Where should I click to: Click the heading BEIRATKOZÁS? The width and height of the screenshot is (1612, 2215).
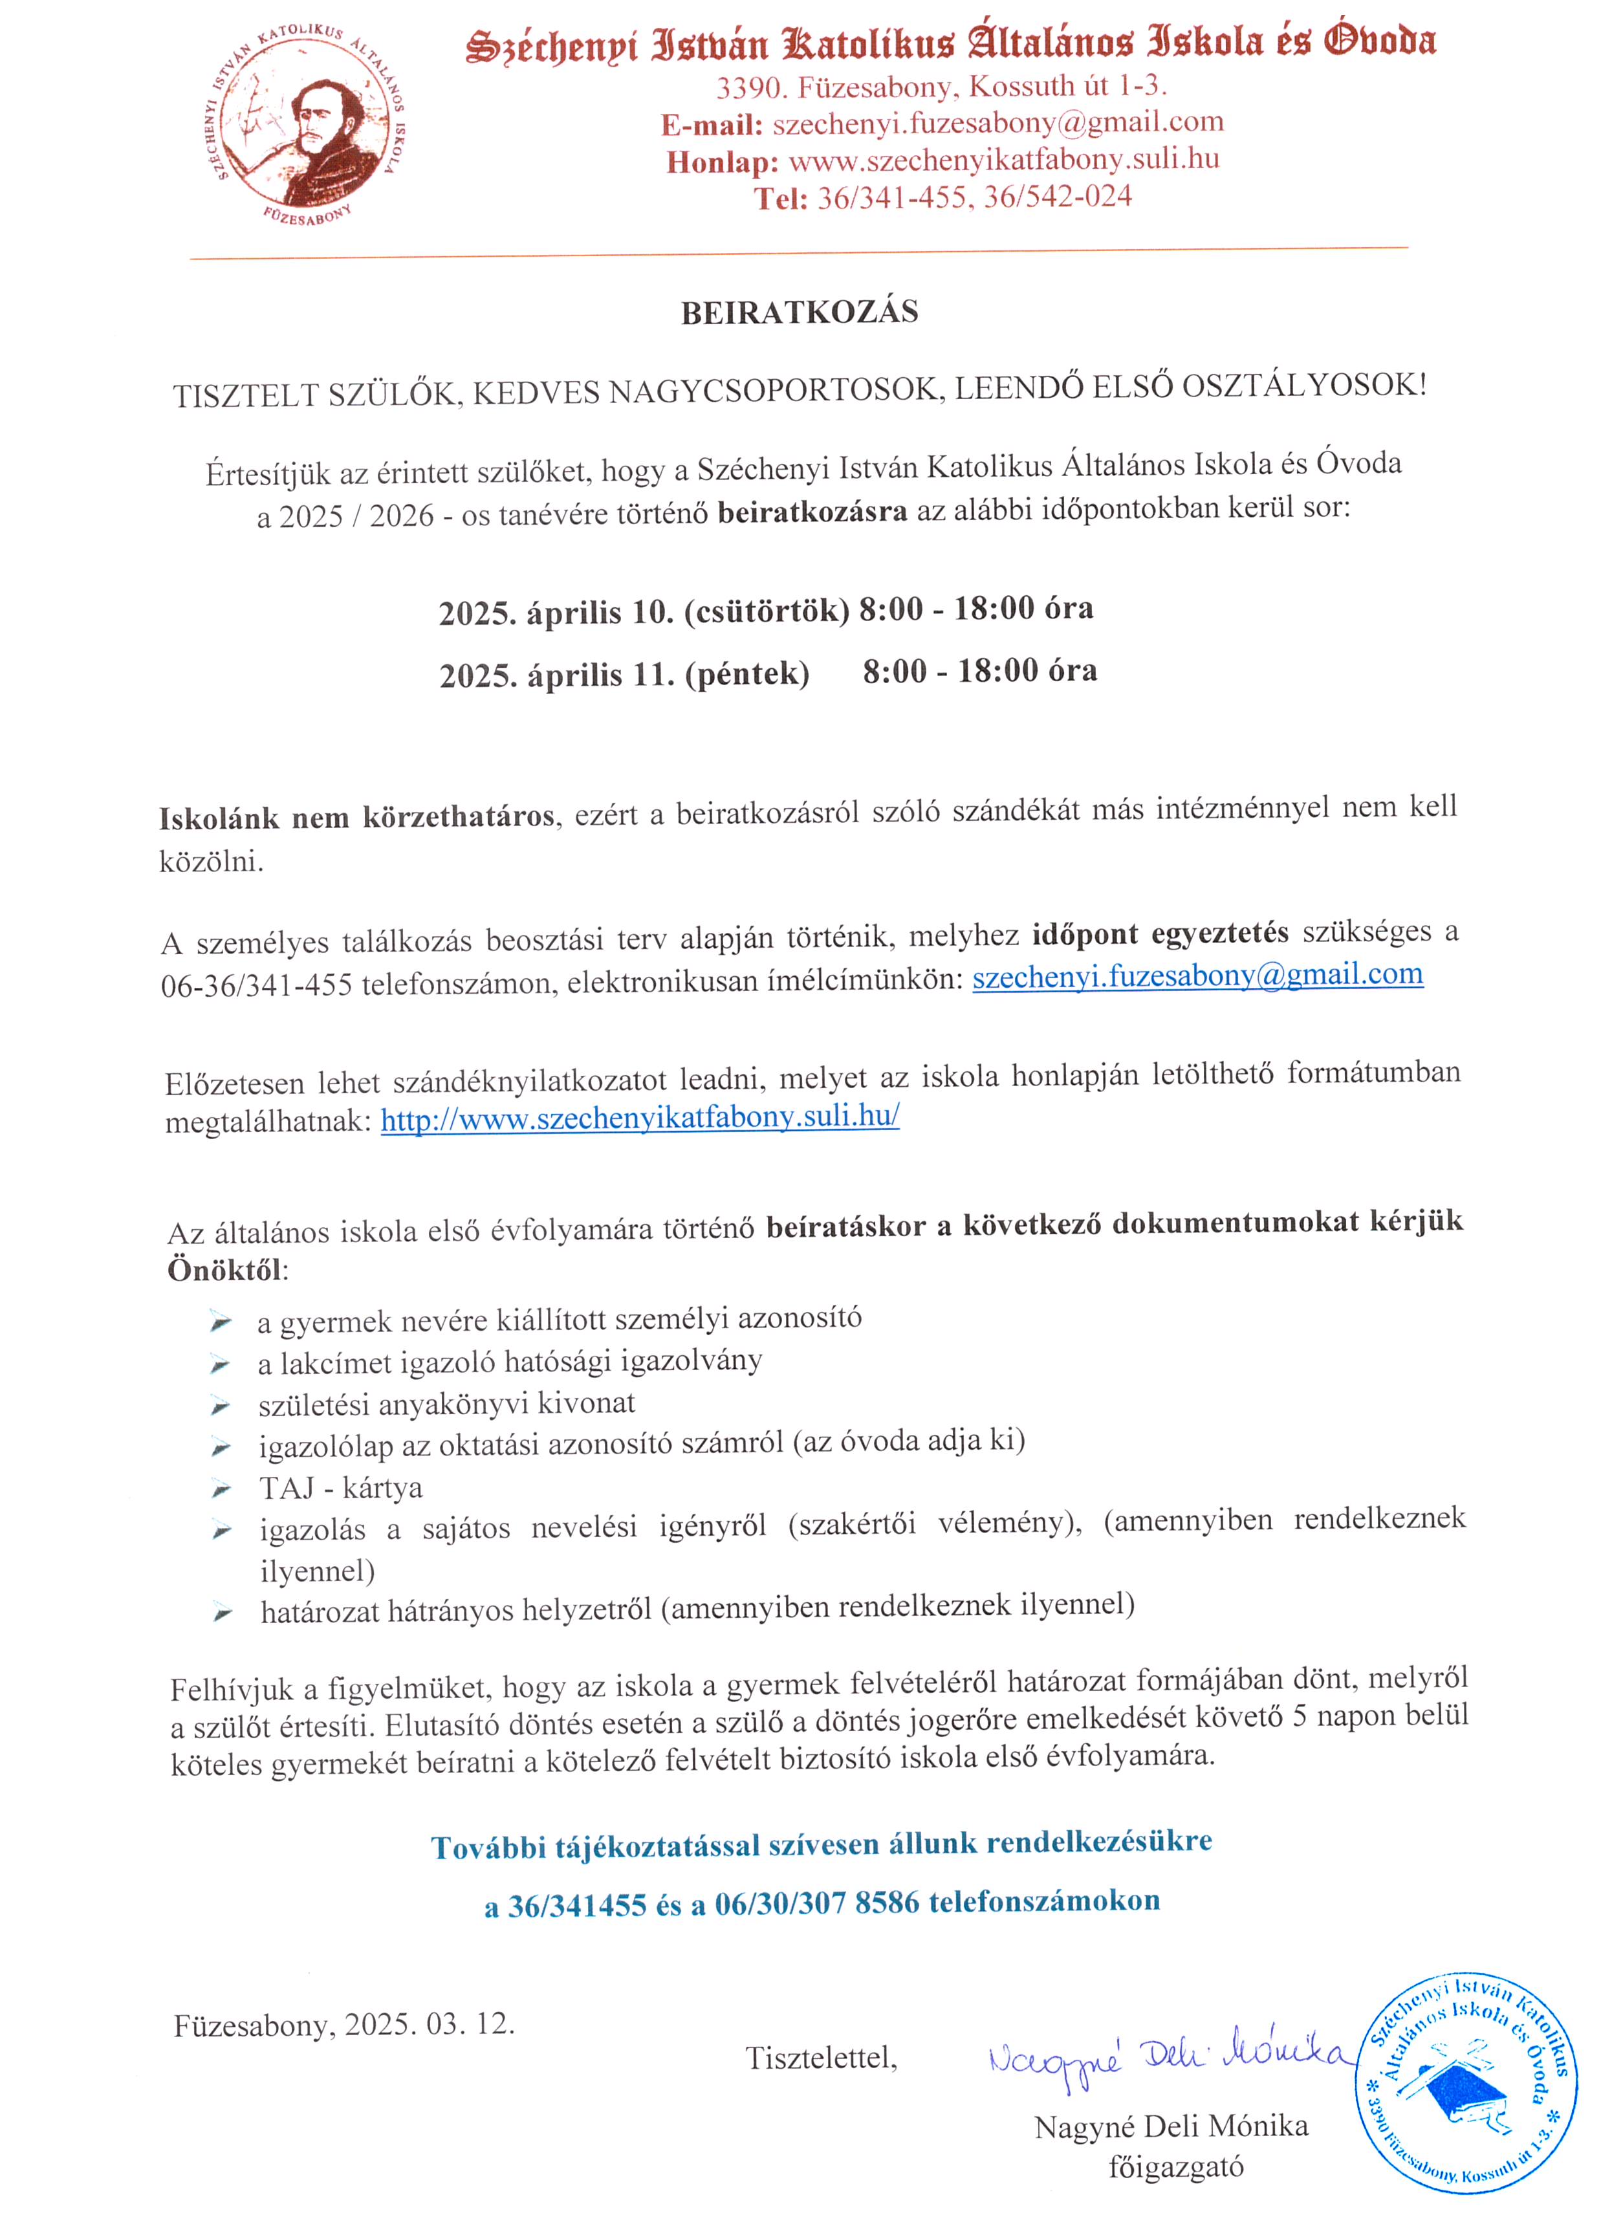(x=799, y=312)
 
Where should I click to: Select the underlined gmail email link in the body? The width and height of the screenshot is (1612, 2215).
(x=1197, y=976)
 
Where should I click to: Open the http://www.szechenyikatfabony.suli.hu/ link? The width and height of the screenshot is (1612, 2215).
(x=640, y=1117)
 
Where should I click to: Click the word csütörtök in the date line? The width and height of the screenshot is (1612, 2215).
(x=767, y=611)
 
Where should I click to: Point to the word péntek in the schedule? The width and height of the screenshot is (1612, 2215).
(x=747, y=674)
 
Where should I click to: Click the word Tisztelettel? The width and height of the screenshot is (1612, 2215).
(x=820, y=2058)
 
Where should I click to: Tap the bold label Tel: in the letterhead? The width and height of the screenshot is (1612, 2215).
(x=780, y=198)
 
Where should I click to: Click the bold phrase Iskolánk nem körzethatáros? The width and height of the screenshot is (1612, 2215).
(x=357, y=816)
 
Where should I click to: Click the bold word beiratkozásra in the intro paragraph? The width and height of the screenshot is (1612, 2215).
(x=812, y=511)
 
